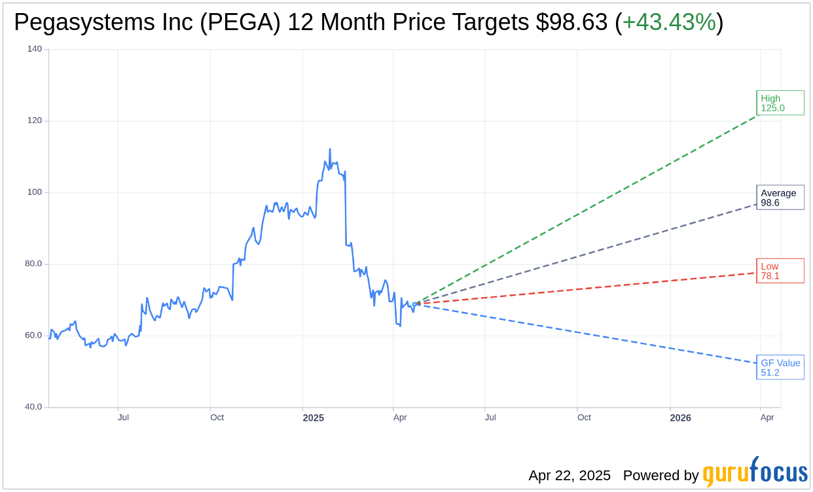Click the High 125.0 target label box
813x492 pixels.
(x=780, y=103)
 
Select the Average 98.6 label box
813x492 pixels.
(x=780, y=198)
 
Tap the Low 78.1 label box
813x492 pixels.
(x=780, y=271)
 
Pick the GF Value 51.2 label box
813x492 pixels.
(x=780, y=368)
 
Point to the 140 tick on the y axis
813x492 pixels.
(x=35, y=49)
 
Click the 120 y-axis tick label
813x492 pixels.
(x=35, y=121)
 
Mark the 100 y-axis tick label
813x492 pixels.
(x=35, y=192)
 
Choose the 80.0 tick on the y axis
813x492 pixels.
(x=33, y=264)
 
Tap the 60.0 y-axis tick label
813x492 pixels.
(x=33, y=336)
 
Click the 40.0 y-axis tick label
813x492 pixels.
(x=33, y=407)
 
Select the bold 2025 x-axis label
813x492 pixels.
(x=313, y=417)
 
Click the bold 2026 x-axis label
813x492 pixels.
(x=680, y=417)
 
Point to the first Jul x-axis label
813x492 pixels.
(x=123, y=417)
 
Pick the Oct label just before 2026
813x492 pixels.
(x=584, y=417)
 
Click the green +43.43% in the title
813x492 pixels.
(x=669, y=22)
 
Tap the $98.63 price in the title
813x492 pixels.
(x=571, y=22)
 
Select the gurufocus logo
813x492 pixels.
(x=755, y=472)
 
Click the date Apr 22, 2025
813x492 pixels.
(x=569, y=476)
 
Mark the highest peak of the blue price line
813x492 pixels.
(x=330, y=149)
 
